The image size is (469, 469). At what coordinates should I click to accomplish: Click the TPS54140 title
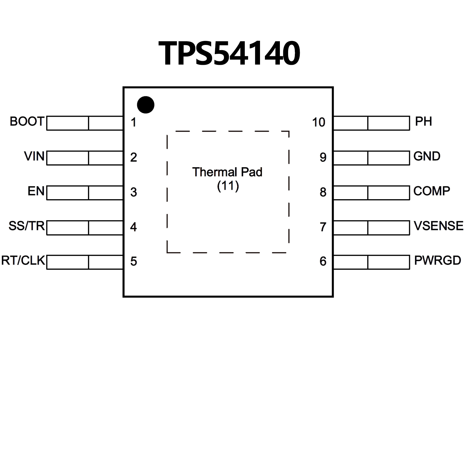coord(229,54)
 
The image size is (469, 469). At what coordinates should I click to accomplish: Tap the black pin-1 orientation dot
coord(145,105)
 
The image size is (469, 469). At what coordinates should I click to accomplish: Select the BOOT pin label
coord(27,122)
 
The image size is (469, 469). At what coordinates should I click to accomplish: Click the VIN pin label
coord(34,156)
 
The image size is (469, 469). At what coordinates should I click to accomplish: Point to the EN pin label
coord(36,191)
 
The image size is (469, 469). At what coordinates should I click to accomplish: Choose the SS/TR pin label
coord(27,226)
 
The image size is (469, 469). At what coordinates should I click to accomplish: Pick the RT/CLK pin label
coord(23,261)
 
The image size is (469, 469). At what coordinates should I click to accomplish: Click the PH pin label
coord(423,122)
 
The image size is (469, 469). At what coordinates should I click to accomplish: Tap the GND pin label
coord(427,156)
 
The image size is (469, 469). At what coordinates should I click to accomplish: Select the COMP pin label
coord(431,191)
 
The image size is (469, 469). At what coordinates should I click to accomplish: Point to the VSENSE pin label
coord(438,226)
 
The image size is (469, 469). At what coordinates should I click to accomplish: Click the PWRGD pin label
coord(438,261)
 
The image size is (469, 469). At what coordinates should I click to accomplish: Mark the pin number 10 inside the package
coord(319,123)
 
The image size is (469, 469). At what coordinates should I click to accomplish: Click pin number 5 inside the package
coord(134,262)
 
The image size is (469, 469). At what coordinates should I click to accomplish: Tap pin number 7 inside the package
coord(323,227)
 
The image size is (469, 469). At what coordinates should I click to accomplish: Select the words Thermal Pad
coord(227,172)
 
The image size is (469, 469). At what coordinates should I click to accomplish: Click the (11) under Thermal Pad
coord(228,186)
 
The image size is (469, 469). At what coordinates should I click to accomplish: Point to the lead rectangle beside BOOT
coord(85,123)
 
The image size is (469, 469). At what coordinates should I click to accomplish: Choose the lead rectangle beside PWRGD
coord(372,262)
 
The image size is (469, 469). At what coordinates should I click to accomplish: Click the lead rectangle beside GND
coord(372,158)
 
